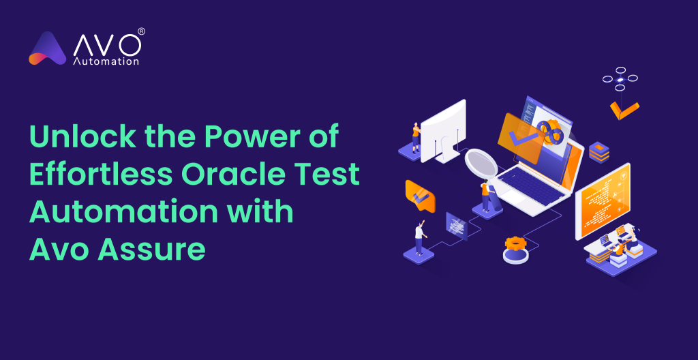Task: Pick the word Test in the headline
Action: click(x=327, y=175)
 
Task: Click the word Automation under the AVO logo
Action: click(x=106, y=61)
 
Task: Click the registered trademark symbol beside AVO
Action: click(x=141, y=31)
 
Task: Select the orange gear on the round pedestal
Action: click(x=515, y=243)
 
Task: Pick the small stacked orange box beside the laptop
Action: click(x=598, y=151)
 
